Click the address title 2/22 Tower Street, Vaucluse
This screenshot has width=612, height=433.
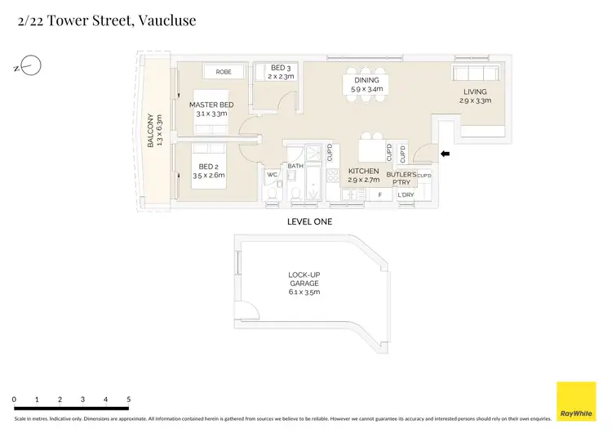pyautogui.click(x=106, y=21)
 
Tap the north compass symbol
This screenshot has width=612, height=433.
pyautogui.click(x=31, y=65)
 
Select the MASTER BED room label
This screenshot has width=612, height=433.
pyautogui.click(x=211, y=105)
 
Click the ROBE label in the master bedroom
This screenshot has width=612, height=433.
pyautogui.click(x=224, y=72)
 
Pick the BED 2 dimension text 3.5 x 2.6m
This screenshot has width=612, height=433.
pyautogui.click(x=209, y=175)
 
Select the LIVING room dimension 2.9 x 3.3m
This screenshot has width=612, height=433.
pyautogui.click(x=474, y=101)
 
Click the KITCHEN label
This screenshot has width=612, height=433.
pyautogui.click(x=363, y=171)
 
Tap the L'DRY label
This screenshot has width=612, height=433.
pyautogui.click(x=406, y=195)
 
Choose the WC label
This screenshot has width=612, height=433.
pyautogui.click(x=273, y=174)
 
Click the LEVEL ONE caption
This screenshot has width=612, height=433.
pyautogui.click(x=309, y=221)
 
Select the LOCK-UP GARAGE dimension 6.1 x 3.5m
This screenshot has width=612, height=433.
pyautogui.click(x=304, y=292)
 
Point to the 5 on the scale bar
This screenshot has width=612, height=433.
pyautogui.click(x=128, y=399)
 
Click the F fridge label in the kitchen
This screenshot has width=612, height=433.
pyautogui.click(x=379, y=195)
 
